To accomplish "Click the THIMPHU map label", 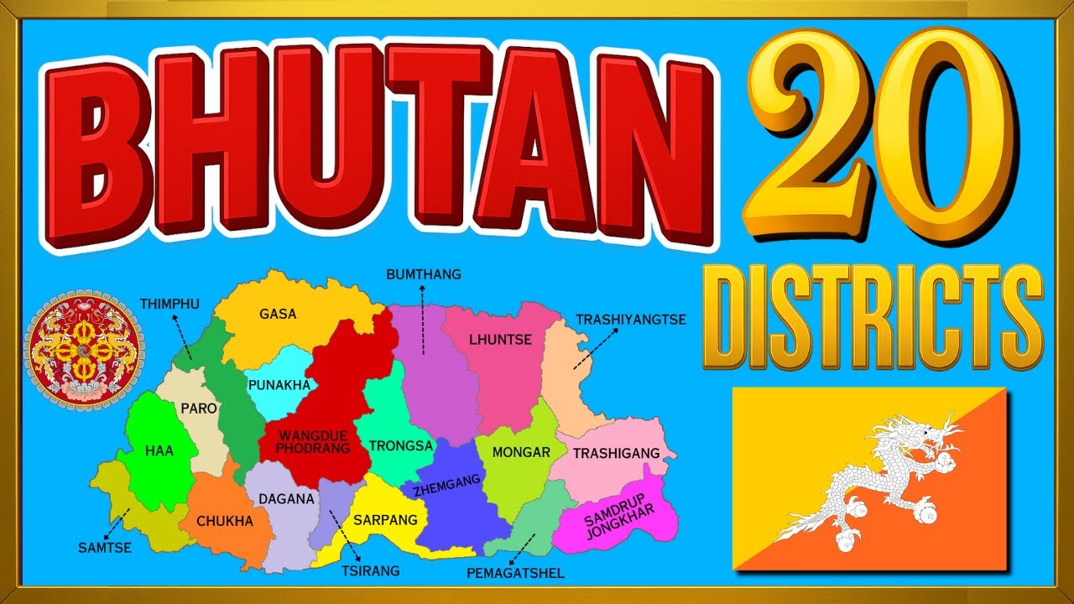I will click(x=169, y=304).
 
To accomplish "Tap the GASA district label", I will click(x=278, y=314).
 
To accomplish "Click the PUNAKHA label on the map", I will click(x=279, y=385).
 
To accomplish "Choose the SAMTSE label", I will click(x=105, y=547).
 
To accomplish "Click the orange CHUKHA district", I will click(x=224, y=521).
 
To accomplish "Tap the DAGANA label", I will click(x=286, y=499).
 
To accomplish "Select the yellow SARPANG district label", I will click(x=385, y=520).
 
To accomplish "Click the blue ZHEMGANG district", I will click(x=453, y=495).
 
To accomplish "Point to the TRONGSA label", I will click(x=401, y=446).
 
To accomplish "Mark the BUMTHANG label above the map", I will click(x=424, y=274).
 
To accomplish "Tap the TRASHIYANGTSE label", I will click(x=631, y=320).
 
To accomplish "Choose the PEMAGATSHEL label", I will click(x=515, y=574).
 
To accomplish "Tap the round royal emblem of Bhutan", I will click(x=83, y=351).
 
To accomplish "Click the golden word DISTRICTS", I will click(x=873, y=317).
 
